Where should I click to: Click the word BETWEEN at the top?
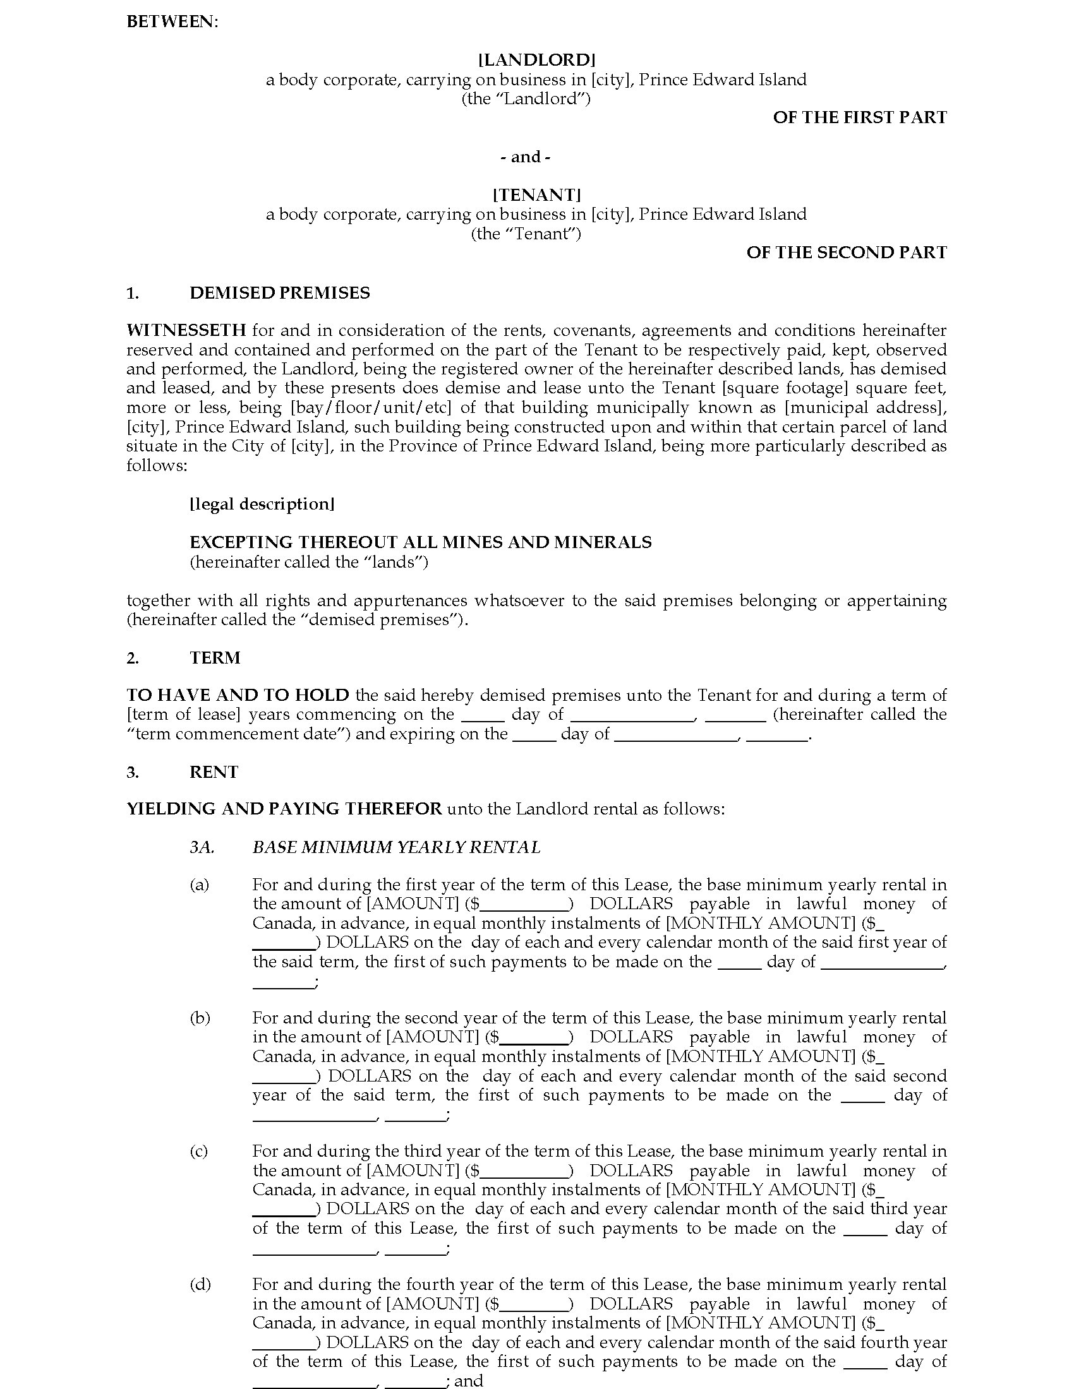pyautogui.click(x=172, y=21)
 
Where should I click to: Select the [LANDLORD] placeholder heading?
pyautogui.click(x=536, y=60)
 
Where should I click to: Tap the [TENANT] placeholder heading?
pyautogui.click(x=536, y=194)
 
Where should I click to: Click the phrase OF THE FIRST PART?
pyautogui.click(x=859, y=117)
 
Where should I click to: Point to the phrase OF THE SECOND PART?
pyautogui.click(x=845, y=253)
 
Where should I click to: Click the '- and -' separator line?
pyautogui.click(x=525, y=157)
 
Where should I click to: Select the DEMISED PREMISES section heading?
pyautogui.click(x=279, y=292)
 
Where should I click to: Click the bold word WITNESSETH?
pyautogui.click(x=186, y=330)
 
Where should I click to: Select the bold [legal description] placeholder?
pyautogui.click(x=262, y=504)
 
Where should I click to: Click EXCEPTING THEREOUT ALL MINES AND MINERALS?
pyautogui.click(x=421, y=542)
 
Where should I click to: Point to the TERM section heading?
pyautogui.click(x=214, y=658)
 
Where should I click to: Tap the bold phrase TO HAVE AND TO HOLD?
pyautogui.click(x=238, y=695)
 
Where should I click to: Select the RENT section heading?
pyautogui.click(x=214, y=772)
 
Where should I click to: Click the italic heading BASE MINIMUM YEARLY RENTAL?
pyautogui.click(x=395, y=847)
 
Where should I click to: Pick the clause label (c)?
pyautogui.click(x=199, y=1151)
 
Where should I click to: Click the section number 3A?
pyautogui.click(x=202, y=847)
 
